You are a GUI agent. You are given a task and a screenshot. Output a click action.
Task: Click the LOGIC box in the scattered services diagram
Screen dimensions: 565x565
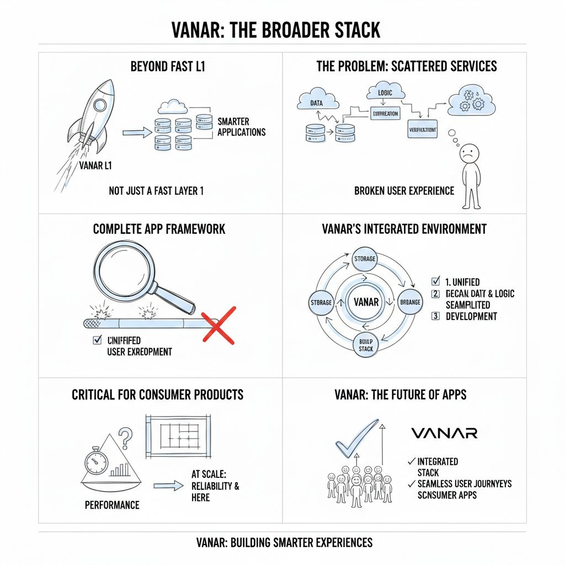386,93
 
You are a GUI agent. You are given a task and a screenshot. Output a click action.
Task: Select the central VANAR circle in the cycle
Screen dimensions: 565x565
365,302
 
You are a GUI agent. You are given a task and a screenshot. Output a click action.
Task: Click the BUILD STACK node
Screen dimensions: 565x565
366,345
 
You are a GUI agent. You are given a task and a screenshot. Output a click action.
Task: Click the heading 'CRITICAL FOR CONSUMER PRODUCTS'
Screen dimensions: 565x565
157,395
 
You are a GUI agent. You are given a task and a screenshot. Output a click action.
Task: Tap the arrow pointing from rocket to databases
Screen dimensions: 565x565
136,132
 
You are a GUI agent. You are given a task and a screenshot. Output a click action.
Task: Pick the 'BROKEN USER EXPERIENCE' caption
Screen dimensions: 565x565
404,191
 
